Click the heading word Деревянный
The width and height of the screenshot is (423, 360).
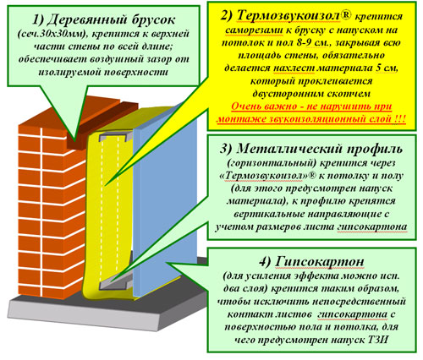pyautogui.click(x=85, y=19)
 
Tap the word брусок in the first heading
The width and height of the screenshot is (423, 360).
pyautogui.click(x=153, y=19)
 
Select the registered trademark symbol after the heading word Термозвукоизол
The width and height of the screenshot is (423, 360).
pyautogui.click(x=346, y=14)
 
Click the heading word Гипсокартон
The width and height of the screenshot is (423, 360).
pyautogui.click(x=319, y=262)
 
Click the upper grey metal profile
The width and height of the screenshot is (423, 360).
pyautogui.click(x=116, y=136)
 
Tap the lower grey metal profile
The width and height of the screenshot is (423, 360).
pyautogui.click(x=117, y=282)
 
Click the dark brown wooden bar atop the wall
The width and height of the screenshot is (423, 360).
pyautogui.click(x=102, y=125)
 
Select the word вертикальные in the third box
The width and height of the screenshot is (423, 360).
pyautogui.click(x=268, y=214)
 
